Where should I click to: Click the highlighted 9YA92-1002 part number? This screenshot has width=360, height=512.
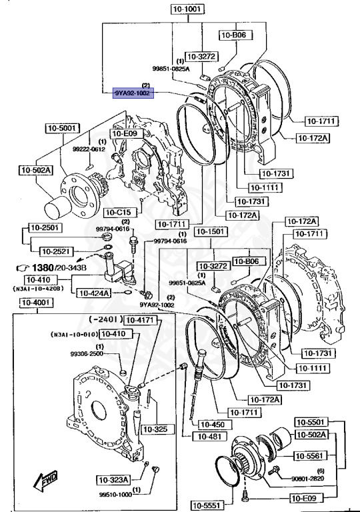pos(132,93)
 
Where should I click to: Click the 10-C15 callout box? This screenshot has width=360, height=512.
pos(119,212)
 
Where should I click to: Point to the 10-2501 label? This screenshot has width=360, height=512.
pos(41,228)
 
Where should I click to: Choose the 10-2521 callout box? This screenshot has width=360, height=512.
pos(55,251)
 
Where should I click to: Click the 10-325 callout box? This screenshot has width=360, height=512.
pos(155,428)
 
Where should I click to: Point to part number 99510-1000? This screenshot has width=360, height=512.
pos(116,495)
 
